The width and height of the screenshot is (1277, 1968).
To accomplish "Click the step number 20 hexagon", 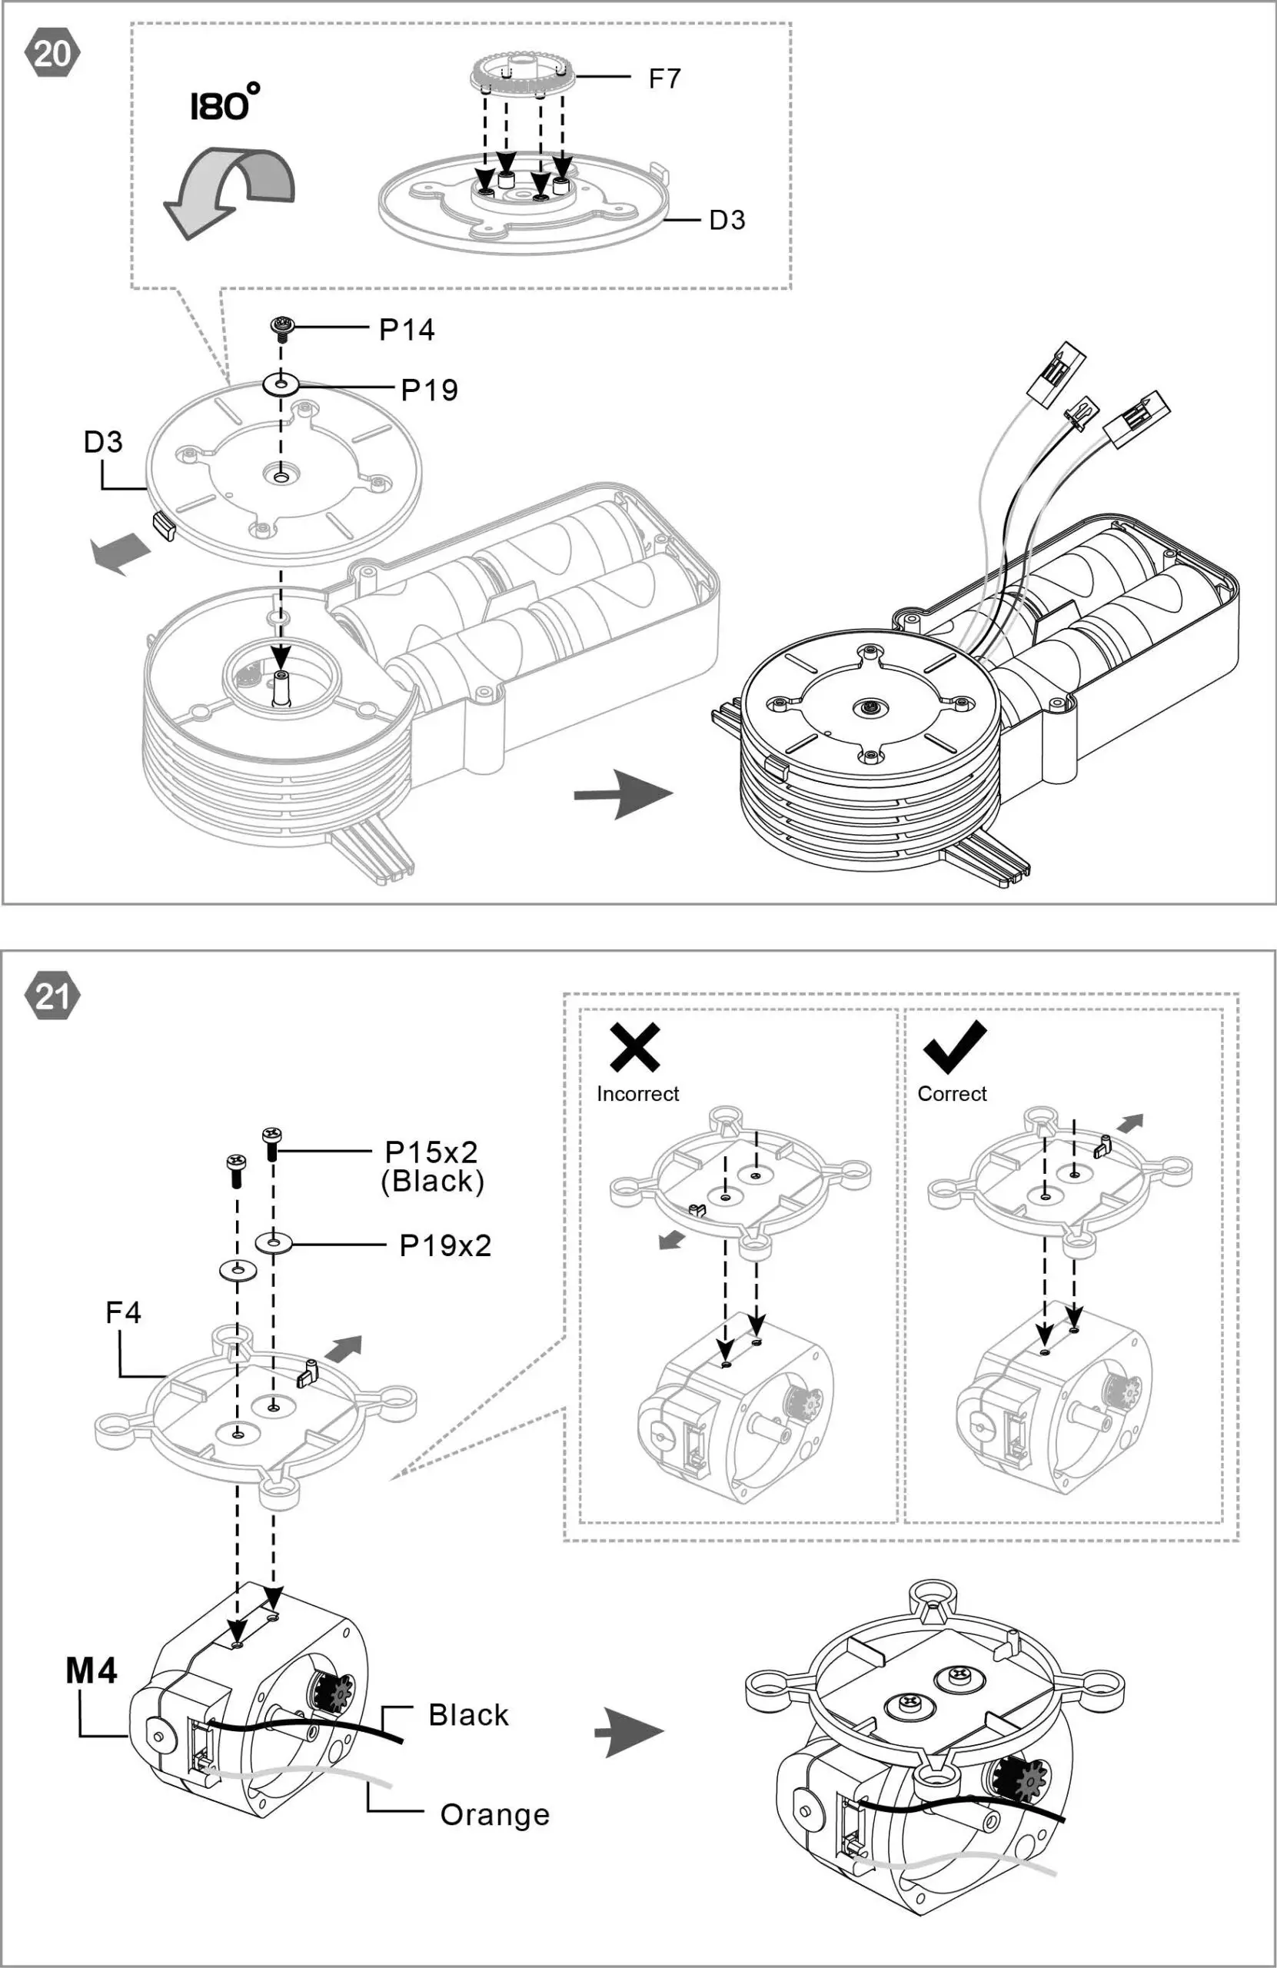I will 53,54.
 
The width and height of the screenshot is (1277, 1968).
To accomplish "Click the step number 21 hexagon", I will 53,997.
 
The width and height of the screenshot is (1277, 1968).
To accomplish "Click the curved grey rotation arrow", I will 228,190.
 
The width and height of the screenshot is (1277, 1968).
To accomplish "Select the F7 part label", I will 664,78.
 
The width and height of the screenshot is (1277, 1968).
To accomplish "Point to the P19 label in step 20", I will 429,390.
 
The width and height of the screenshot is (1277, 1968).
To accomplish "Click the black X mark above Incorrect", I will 634,1047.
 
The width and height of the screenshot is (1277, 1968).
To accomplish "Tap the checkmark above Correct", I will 954,1047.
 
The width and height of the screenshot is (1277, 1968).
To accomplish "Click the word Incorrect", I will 637,1094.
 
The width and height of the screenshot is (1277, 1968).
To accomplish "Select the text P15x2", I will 431,1152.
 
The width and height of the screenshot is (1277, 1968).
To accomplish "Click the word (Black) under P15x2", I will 432,1181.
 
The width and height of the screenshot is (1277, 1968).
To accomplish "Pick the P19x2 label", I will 445,1245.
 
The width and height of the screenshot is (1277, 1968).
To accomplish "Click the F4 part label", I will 123,1312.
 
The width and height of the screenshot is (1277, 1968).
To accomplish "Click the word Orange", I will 494,1815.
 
